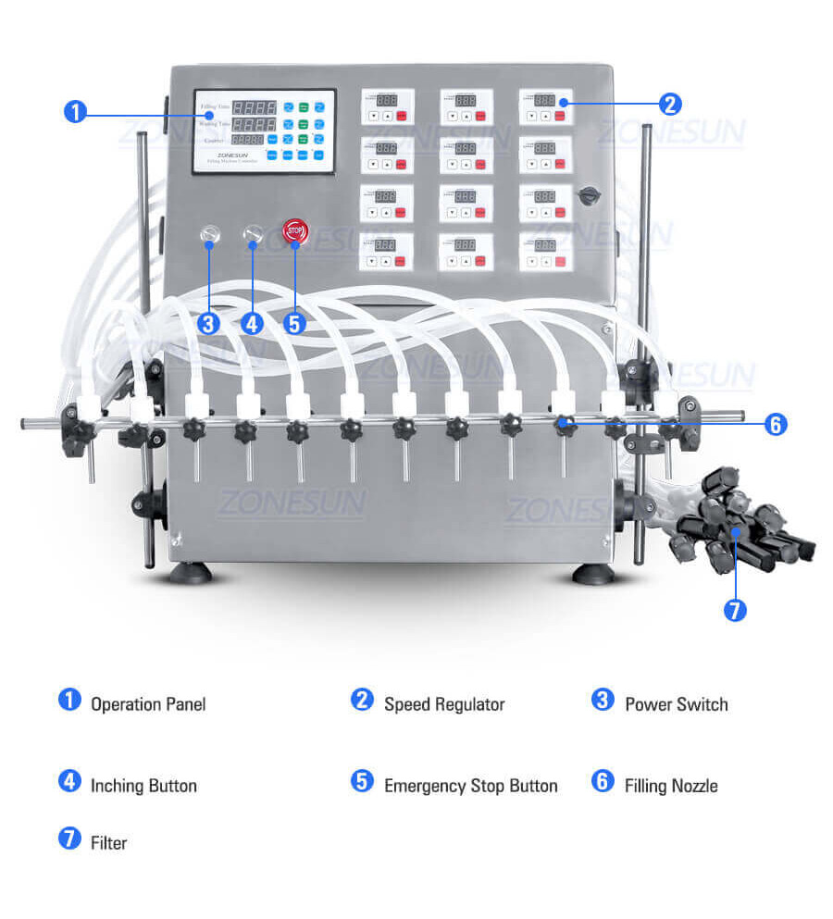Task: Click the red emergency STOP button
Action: [294, 230]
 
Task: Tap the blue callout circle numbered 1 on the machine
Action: [75, 112]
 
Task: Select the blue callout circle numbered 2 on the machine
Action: [671, 103]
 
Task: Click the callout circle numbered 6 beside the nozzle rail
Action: [776, 425]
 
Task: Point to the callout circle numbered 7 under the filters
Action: [735, 611]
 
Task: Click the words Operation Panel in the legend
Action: [148, 704]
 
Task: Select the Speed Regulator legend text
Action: [444, 704]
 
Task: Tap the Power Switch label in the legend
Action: [677, 704]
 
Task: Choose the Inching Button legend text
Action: [143, 786]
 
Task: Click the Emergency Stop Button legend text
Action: [470, 786]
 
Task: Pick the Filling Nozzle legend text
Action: [671, 786]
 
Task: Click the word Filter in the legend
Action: [108, 842]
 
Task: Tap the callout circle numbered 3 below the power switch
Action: [208, 324]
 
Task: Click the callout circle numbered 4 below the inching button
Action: [253, 324]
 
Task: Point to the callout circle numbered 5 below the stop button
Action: [294, 324]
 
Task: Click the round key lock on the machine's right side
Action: [588, 195]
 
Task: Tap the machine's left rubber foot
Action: [191, 573]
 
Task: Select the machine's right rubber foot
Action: [593, 573]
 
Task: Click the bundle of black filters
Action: [740, 518]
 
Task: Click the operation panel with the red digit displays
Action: [264, 131]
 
